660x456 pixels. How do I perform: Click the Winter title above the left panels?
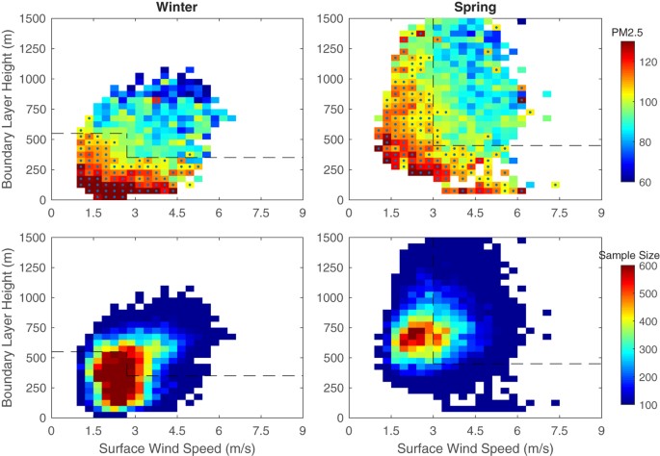point(175,8)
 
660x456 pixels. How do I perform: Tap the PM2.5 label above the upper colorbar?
point(626,33)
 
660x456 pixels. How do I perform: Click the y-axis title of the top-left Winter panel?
point(9,109)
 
